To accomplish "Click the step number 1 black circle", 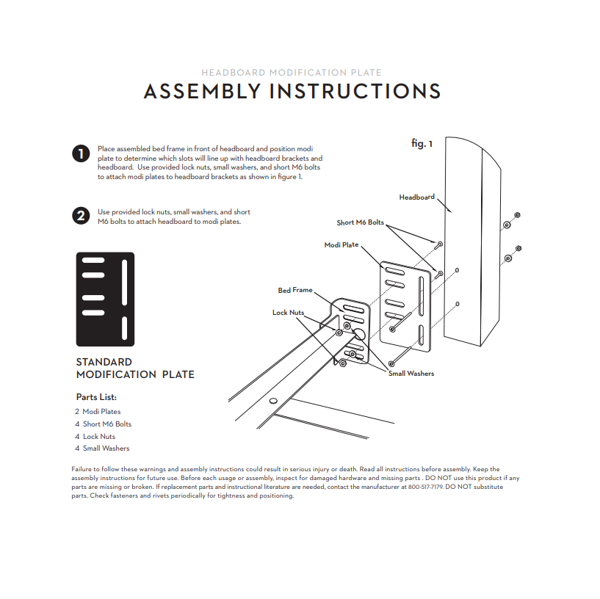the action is pos(81,153).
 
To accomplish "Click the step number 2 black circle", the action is pos(81,216).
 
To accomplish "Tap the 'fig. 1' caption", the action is pos(422,143).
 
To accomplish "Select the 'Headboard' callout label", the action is pos(416,197).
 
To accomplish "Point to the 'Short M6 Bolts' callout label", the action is pos(360,222).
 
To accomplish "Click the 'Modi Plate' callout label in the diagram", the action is pos(341,244).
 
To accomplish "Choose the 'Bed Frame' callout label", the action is pos(295,290).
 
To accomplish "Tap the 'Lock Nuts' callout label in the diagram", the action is pos(288,313).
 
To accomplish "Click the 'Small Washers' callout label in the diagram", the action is pos(411,374).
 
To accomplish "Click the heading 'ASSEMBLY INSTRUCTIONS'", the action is pos(292,92).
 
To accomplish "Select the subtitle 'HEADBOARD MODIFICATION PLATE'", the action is pos(292,72).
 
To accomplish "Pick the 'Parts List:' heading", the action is pos(96,397).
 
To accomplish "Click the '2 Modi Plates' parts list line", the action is pos(98,412).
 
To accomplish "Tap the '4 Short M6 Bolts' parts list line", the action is pos(103,424).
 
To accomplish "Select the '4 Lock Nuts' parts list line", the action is pos(95,437).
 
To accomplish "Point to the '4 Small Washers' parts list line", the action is pos(102,449).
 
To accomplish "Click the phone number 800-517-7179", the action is pos(425,487).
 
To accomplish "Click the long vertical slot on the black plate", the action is pos(124,283).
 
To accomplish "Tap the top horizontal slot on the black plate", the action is pos(93,261).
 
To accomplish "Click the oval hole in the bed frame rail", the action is pos(273,401).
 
